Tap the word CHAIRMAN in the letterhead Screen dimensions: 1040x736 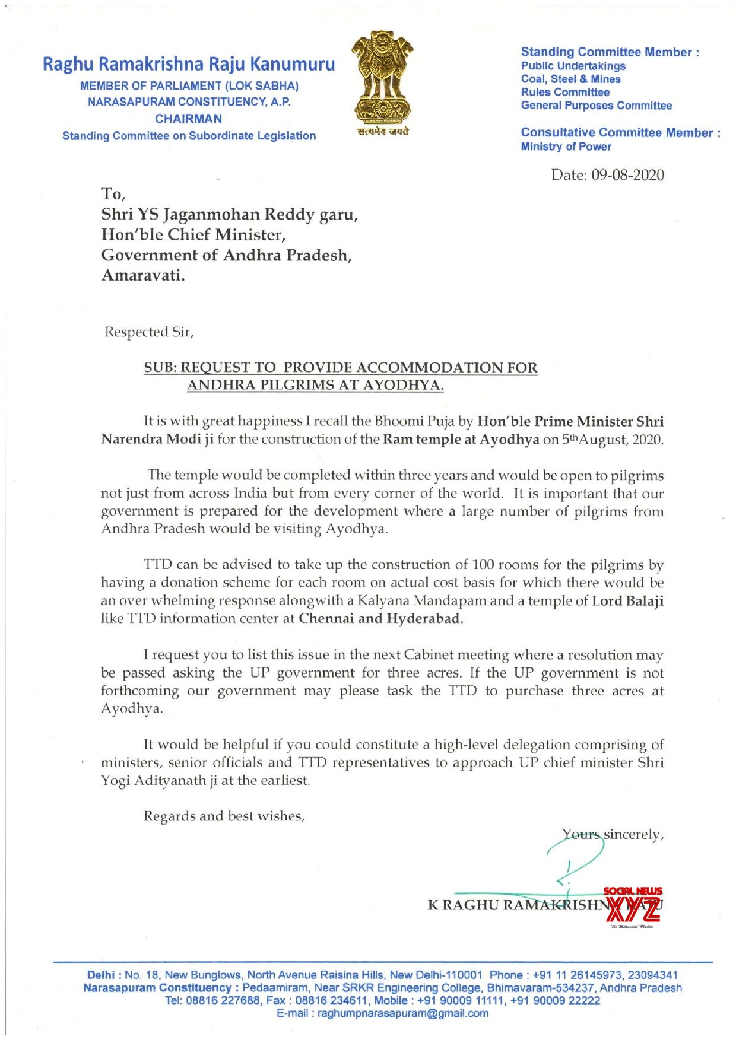pyautogui.click(x=189, y=119)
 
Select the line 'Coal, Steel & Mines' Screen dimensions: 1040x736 pyautogui.click(x=570, y=79)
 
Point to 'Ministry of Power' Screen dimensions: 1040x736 pyautogui.click(x=566, y=147)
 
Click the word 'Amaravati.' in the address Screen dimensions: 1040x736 pyautogui.click(x=143, y=275)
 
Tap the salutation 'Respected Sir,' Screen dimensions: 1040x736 pyautogui.click(x=149, y=332)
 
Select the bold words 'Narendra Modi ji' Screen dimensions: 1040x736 pyautogui.click(x=157, y=439)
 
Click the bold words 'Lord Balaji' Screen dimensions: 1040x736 pyautogui.click(x=627, y=600)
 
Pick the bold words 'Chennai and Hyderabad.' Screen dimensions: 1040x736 pyautogui.click(x=380, y=618)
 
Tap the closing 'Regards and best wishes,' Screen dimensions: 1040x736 pyautogui.click(x=224, y=816)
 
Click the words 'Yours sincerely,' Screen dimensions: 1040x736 pyautogui.click(x=613, y=834)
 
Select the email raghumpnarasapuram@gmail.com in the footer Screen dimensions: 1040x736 pyautogui.click(x=383, y=1013)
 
